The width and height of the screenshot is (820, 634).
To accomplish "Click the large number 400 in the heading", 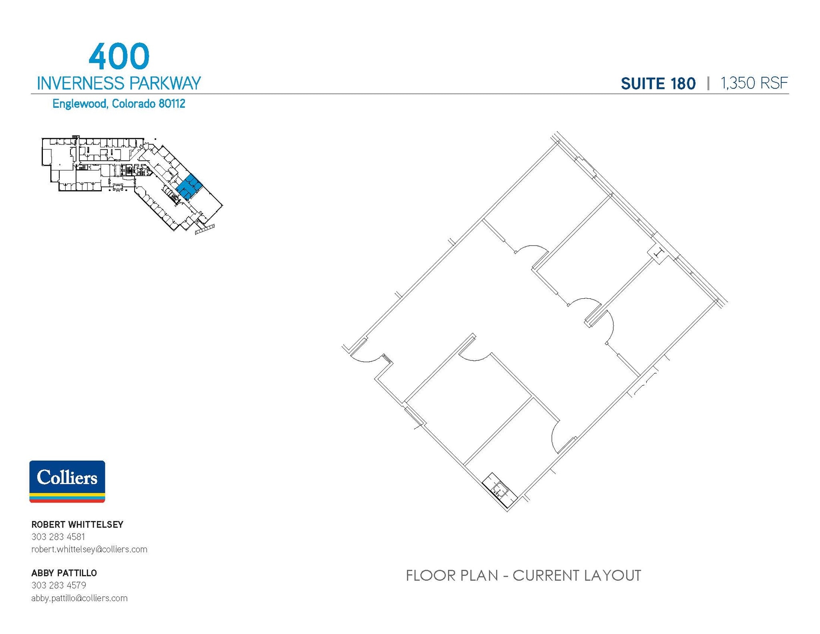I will tap(119, 56).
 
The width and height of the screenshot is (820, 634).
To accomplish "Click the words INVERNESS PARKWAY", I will tap(119, 83).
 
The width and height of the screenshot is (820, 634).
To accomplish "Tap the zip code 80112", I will tap(172, 104).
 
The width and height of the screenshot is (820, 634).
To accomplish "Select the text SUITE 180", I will tap(658, 84).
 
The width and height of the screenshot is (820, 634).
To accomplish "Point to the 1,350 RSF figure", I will tap(754, 83).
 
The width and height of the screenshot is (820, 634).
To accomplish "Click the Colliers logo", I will tap(67, 481).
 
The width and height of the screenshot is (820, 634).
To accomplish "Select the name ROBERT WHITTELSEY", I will tap(77, 524).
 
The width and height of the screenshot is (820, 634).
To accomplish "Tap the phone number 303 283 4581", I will tap(58, 537).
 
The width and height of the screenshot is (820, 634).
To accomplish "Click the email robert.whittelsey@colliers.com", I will tap(89, 549).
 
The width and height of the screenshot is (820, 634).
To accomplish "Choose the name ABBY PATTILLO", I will tap(64, 573).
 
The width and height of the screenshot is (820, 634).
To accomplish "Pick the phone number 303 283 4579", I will tap(58, 585).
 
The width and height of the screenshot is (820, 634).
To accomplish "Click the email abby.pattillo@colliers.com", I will tap(79, 598).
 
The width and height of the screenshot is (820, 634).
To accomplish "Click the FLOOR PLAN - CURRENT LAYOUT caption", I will tap(523, 576).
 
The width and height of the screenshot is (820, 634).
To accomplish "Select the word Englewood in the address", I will tap(80, 104).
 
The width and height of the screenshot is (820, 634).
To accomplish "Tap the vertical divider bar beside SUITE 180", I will tap(708, 83).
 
